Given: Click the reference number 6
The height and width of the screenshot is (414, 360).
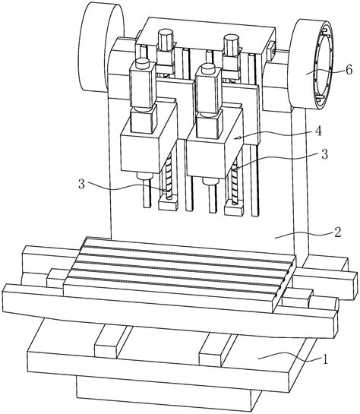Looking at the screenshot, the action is point(349,70).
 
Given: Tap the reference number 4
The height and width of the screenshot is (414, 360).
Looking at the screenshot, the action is point(319,131).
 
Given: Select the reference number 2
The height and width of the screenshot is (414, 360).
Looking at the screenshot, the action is point(337,232).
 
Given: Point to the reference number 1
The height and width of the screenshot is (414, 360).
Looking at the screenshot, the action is point(325,359).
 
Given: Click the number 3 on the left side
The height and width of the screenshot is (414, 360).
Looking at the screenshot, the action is point(82,184).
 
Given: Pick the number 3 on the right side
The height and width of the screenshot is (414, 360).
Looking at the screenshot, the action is point(324,154).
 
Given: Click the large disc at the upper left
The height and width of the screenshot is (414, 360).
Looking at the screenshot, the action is point(100,48).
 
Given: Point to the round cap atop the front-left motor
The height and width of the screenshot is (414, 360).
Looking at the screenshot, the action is point(142,62).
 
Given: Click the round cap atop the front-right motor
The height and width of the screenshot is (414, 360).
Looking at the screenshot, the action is point(207,67).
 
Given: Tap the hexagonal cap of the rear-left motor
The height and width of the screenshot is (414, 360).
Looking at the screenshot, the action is point(166,35).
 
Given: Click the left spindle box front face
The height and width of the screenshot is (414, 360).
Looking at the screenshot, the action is point(141,153).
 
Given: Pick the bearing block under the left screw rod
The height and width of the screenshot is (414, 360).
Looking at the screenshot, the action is point(168,205).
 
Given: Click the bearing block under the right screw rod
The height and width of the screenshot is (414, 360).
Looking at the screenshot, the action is point(234,209).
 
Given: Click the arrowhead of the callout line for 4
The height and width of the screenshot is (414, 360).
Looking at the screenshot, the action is point(238,137).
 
